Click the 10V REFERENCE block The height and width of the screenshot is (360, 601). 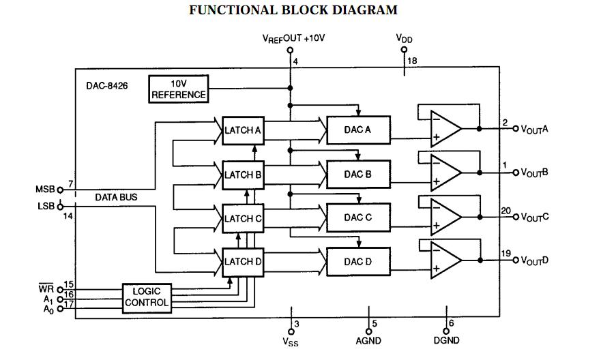coord(178,89)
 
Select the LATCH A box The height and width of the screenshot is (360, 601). coord(242,130)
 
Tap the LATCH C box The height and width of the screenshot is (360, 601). coord(242,219)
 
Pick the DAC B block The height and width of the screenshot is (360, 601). coord(358,175)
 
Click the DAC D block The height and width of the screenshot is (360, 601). coord(358,262)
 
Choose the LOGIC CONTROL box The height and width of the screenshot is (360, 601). coord(146,297)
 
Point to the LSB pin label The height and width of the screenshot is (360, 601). coord(46,205)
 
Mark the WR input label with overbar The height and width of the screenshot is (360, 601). coord(46,288)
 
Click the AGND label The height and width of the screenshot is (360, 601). coord(369,340)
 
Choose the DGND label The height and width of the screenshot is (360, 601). coord(446,340)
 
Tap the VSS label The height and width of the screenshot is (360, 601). coord(291,341)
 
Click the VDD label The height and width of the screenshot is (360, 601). coord(405,39)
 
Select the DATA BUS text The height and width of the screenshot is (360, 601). coord(116,197)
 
